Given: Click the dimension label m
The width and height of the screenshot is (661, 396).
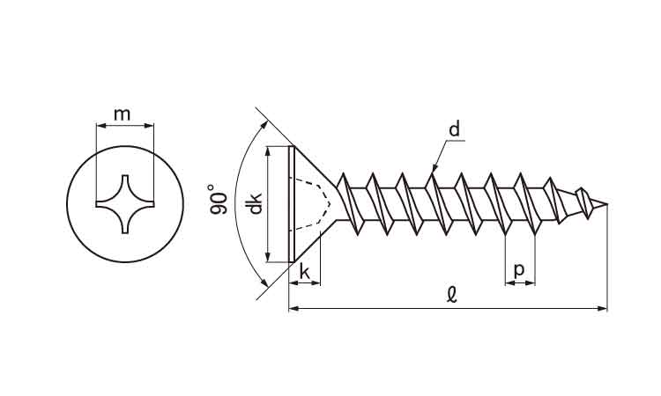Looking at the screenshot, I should [x=123, y=114].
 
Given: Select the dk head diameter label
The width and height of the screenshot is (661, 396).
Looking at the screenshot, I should [x=254, y=204].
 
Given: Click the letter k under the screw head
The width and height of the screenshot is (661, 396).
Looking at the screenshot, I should [x=305, y=272].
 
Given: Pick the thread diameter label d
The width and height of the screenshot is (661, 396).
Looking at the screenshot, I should [x=454, y=130].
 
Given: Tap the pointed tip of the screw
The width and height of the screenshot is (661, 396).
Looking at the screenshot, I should [x=606, y=205].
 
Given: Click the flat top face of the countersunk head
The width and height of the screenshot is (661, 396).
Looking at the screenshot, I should [x=290, y=204].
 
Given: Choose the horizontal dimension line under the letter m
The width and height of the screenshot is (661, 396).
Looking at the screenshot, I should [x=123, y=125].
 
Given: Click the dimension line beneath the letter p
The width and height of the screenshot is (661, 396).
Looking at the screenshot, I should [x=520, y=283].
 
